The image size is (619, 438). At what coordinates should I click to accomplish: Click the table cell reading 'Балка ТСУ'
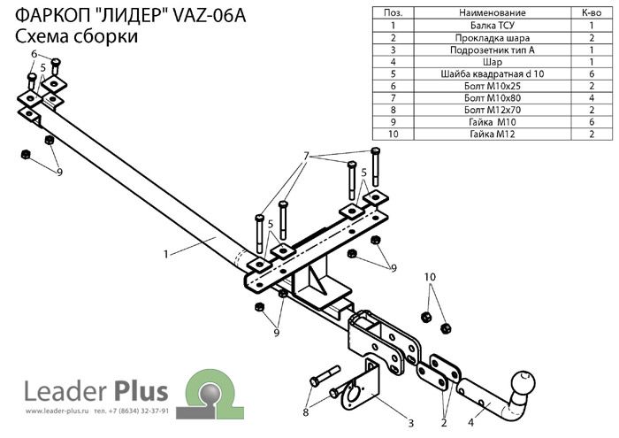(493, 26)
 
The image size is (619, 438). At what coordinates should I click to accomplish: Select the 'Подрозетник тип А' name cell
(493, 50)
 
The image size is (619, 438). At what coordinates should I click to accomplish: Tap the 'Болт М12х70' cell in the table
(493, 110)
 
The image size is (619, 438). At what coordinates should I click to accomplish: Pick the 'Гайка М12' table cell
(493, 134)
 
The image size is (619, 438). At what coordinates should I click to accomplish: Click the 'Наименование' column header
(493, 13)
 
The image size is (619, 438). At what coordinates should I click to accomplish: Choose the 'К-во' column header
(592, 13)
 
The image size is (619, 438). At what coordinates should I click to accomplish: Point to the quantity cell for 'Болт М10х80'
(592, 98)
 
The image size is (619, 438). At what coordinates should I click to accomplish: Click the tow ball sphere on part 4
(523, 382)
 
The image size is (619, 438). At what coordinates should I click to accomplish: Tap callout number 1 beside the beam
(166, 254)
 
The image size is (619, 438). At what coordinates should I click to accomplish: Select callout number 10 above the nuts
(430, 277)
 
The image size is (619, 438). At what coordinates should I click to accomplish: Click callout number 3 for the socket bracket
(410, 423)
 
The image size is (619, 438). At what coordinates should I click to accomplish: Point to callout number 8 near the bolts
(306, 412)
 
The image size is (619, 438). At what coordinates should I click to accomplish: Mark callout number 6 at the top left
(34, 54)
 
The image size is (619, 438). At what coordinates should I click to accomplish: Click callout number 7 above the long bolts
(306, 157)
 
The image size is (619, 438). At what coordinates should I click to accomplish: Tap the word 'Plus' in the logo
(141, 390)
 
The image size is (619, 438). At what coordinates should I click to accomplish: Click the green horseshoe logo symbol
(210, 394)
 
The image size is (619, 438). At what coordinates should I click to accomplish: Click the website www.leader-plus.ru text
(57, 411)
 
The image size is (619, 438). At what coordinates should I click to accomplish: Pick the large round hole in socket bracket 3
(354, 392)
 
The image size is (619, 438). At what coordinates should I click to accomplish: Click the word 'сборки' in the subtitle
(104, 36)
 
